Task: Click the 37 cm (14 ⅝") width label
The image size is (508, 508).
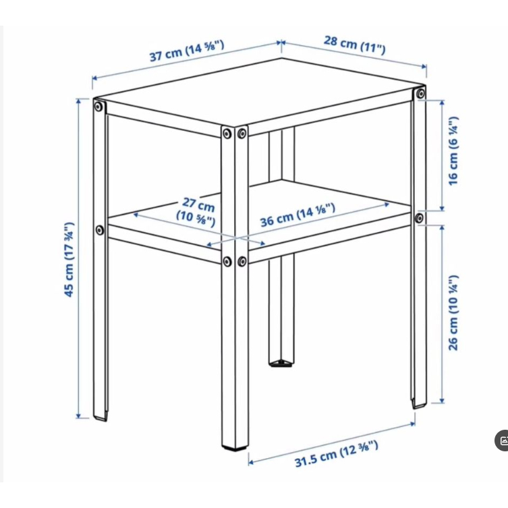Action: pyautogui.click(x=187, y=51)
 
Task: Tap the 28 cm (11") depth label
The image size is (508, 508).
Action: pyautogui.click(x=355, y=45)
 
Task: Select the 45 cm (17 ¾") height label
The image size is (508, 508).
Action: pyautogui.click(x=69, y=260)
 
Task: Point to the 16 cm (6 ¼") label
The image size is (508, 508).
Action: pyautogui.click(x=453, y=151)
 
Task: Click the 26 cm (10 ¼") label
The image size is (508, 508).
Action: pyautogui.click(x=453, y=313)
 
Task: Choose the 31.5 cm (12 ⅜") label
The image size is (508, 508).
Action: pyautogui.click(x=336, y=453)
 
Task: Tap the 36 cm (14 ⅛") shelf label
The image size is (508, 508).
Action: pyautogui.click(x=298, y=215)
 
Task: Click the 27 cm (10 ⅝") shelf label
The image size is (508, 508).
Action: pyautogui.click(x=196, y=211)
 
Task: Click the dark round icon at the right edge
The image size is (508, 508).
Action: pyautogui.click(x=501, y=441)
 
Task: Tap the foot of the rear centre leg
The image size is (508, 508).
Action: pyautogui.click(x=281, y=363)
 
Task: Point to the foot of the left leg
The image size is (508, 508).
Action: pyautogui.click(x=101, y=418)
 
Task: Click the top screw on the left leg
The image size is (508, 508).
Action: pyautogui.click(x=98, y=107)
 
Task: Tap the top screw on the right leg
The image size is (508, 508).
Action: pyautogui.click(x=420, y=94)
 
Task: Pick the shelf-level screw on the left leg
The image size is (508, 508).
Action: pyautogui.click(x=100, y=230)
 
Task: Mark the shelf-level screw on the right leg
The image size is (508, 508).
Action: pyautogui.click(x=419, y=218)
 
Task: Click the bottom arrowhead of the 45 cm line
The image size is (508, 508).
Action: pyautogui.click(x=78, y=416)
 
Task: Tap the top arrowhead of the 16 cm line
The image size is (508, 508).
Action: pyautogui.click(x=442, y=103)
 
